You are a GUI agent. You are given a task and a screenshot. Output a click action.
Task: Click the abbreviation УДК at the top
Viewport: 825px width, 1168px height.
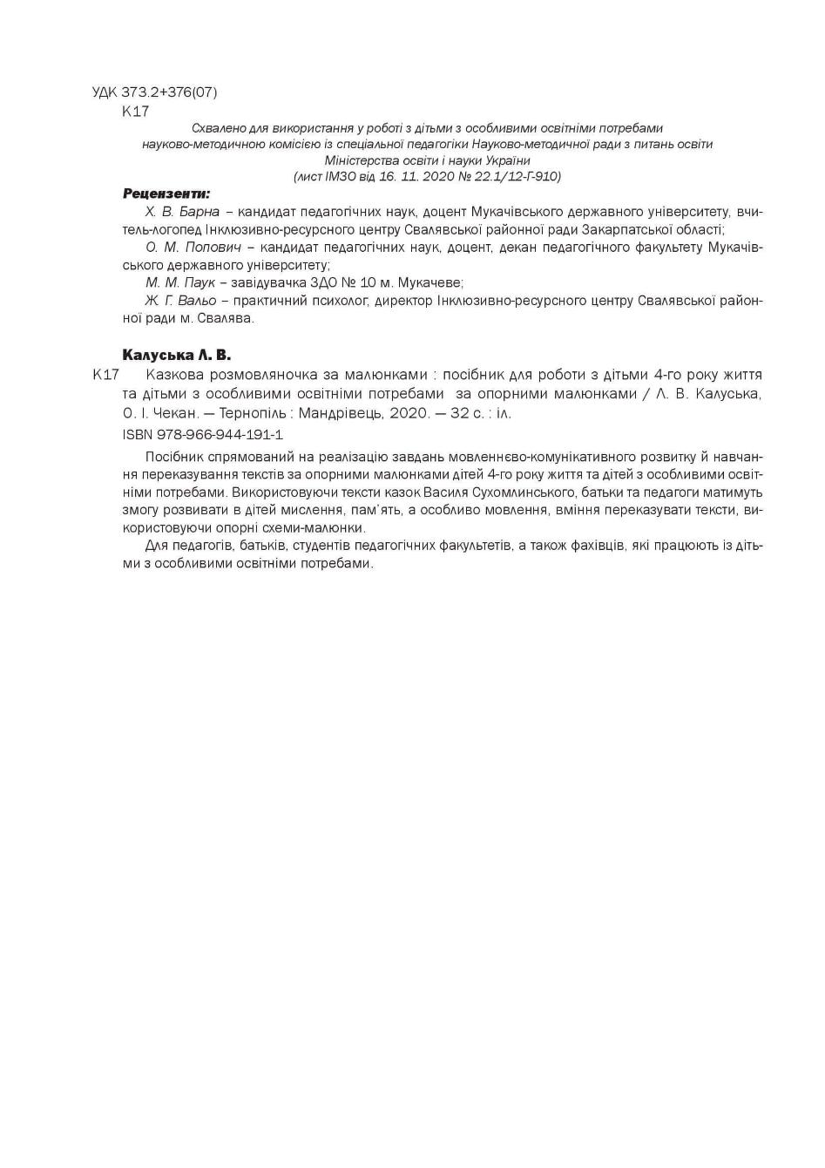[105, 92]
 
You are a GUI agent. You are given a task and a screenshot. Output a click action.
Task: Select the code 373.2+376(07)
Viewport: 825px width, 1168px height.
[170, 92]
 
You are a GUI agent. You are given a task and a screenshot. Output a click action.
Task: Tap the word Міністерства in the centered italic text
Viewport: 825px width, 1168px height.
[362, 160]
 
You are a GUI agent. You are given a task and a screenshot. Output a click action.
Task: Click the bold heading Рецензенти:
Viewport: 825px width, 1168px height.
[166, 194]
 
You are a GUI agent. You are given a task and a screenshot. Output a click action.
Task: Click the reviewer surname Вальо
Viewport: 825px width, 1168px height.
[197, 301]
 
